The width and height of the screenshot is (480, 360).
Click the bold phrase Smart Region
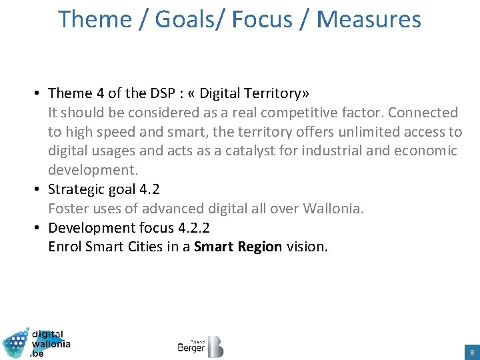tap(238, 247)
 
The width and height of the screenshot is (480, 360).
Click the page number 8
tap(472, 351)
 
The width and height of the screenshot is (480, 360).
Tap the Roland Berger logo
tap(200, 346)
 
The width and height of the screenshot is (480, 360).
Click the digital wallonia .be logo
tap(37, 343)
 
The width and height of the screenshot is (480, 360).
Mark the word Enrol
tap(65, 247)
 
